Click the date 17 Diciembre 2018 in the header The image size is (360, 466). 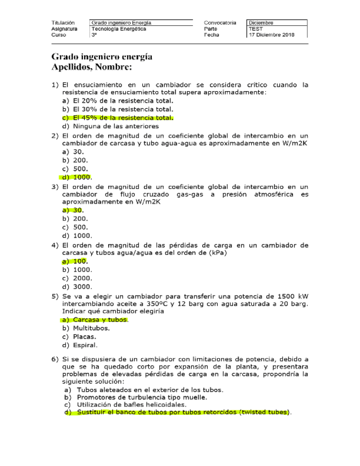[272, 35]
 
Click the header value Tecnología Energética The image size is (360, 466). [119, 29]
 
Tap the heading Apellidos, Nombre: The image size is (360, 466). [92, 67]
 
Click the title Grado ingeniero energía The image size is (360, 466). [102, 57]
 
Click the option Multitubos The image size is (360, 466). [91, 328]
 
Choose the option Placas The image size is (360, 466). [84, 336]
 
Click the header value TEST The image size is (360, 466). [256, 29]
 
